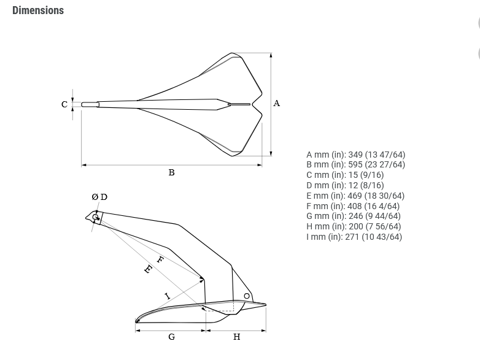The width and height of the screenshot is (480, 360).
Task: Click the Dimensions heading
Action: click(x=38, y=10)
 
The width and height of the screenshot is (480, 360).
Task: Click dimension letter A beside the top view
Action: click(x=276, y=104)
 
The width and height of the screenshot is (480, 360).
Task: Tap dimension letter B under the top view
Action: click(x=171, y=172)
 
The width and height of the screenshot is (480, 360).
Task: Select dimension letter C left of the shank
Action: click(x=64, y=105)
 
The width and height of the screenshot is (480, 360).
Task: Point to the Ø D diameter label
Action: click(x=99, y=197)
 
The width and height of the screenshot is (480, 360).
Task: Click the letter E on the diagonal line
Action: click(x=148, y=269)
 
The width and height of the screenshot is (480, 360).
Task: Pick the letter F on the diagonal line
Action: click(x=160, y=260)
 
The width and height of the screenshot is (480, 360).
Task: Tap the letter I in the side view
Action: click(x=168, y=296)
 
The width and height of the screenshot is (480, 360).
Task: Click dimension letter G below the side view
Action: click(x=172, y=337)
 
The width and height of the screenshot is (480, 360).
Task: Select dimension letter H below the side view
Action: click(x=237, y=337)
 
